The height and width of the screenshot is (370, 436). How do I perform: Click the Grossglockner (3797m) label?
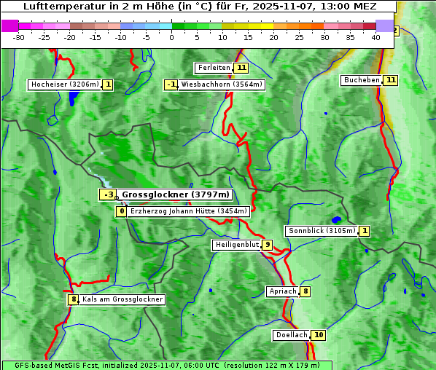(175, 194)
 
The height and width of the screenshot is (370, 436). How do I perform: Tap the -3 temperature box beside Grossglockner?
(108, 194)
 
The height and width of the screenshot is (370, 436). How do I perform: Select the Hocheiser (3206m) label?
(65, 84)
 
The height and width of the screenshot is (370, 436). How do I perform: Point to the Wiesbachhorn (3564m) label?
(221, 84)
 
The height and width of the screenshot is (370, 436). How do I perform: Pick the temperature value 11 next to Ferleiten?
(241, 68)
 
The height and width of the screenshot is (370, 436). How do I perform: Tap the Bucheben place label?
(362, 80)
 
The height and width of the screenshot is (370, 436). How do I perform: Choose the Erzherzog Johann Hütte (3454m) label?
(189, 211)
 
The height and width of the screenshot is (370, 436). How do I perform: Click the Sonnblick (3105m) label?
(322, 231)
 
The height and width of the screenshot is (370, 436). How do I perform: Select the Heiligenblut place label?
(237, 245)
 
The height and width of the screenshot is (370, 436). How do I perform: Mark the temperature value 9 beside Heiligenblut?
(268, 245)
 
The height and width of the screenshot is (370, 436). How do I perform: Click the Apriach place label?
(283, 291)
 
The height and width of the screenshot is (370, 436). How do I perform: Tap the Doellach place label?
(292, 335)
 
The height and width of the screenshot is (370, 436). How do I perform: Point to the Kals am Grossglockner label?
(122, 299)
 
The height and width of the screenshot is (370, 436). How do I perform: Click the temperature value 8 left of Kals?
(73, 299)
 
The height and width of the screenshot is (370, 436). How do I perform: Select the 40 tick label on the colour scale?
(375, 36)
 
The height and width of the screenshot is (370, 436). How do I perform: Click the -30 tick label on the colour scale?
(19, 36)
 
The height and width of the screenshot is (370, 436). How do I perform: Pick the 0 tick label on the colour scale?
(172, 36)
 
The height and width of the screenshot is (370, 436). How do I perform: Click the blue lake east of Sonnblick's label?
(336, 219)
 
